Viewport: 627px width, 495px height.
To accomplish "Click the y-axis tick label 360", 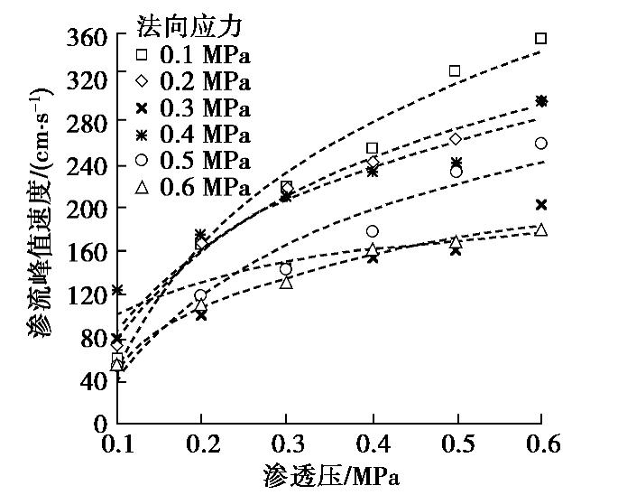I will (88, 38).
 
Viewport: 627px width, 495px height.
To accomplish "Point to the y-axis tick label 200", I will (88, 208).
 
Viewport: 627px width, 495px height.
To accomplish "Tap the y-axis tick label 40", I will (94, 380).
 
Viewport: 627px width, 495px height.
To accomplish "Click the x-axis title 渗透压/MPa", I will (331, 475).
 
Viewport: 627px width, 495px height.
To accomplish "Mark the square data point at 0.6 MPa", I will (541, 38).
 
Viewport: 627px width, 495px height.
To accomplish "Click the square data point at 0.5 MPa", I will (455, 70).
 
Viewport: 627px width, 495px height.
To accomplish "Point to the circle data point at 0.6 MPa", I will (541, 143).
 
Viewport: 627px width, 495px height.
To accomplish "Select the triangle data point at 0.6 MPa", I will (541, 229).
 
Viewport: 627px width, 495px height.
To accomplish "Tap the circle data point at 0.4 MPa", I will (372, 231).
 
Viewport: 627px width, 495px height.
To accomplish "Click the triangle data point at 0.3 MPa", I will (286, 282).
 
